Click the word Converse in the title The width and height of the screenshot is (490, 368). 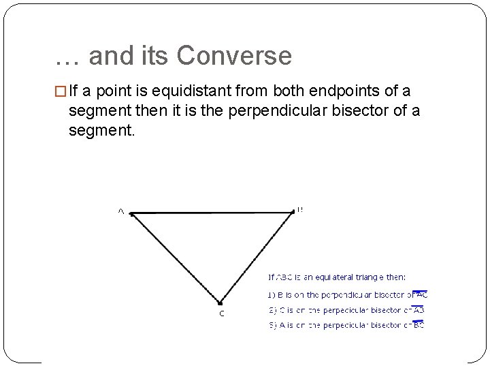click(x=234, y=56)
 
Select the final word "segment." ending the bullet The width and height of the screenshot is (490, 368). click(x=102, y=129)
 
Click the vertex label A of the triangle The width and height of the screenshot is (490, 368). click(x=121, y=212)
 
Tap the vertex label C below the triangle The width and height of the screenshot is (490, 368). click(x=221, y=313)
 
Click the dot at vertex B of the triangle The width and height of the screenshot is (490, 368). click(x=293, y=212)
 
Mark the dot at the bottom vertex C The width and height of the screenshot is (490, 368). click(x=220, y=303)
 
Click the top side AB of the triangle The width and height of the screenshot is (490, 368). click(x=211, y=213)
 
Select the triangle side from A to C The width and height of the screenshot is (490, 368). click(x=175, y=258)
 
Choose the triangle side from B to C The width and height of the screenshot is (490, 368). click(x=257, y=258)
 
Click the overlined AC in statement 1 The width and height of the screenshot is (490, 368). click(x=421, y=295)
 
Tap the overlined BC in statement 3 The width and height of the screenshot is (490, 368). click(x=419, y=325)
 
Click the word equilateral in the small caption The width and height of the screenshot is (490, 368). click(x=329, y=277)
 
